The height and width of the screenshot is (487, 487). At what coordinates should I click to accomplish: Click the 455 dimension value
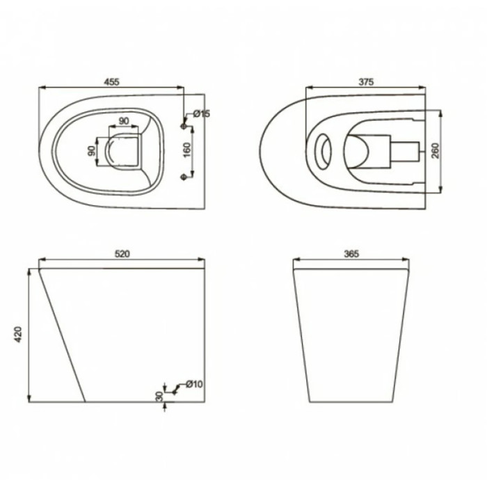click(x=111, y=82)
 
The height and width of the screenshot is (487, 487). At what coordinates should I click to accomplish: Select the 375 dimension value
click(x=367, y=82)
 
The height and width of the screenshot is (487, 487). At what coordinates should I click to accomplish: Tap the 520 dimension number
click(x=122, y=254)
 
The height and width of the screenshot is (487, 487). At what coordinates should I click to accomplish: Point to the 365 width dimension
click(x=351, y=254)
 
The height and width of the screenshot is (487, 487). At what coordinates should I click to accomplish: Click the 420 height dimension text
click(x=19, y=335)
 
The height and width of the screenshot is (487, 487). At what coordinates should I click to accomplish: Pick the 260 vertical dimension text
click(x=436, y=151)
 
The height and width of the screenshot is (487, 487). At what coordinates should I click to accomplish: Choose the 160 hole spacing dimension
click(x=186, y=150)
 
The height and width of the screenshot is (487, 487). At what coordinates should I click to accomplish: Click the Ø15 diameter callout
click(x=202, y=113)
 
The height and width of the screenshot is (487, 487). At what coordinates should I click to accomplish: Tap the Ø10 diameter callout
click(x=194, y=384)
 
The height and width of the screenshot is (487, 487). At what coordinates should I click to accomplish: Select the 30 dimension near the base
click(x=159, y=396)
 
